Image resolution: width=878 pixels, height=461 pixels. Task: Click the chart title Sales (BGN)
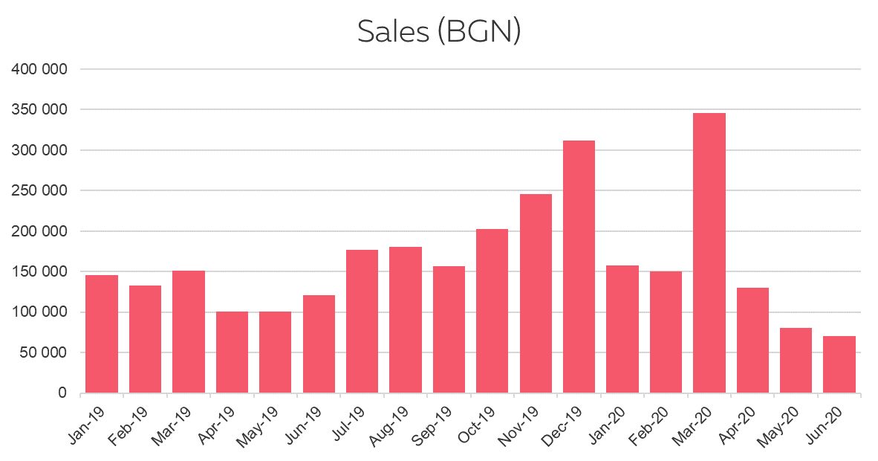click(x=438, y=31)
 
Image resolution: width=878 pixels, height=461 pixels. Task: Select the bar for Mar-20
click(x=709, y=253)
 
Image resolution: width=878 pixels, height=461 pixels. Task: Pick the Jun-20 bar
click(x=839, y=364)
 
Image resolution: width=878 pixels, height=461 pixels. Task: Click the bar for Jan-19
click(x=102, y=334)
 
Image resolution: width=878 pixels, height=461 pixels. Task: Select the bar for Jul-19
click(x=362, y=321)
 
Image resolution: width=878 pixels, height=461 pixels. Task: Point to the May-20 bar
click(x=796, y=360)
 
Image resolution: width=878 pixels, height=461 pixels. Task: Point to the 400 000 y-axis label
click(x=39, y=69)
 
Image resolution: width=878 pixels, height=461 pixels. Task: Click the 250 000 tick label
click(x=39, y=191)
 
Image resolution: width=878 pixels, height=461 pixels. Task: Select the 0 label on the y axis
click(x=63, y=393)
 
